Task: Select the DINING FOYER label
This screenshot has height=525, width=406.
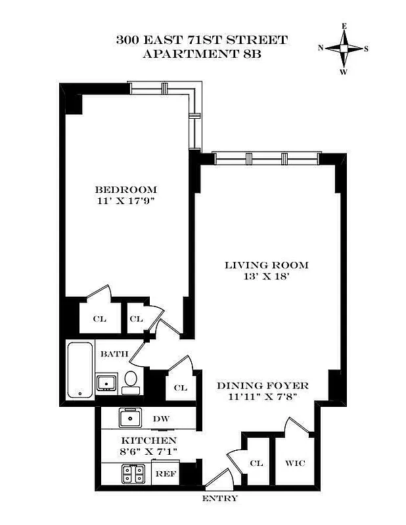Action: pyautogui.click(x=263, y=385)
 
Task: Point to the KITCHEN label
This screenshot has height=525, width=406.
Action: pyautogui.click(x=148, y=440)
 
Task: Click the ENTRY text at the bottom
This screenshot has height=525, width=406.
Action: pyautogui.click(x=219, y=499)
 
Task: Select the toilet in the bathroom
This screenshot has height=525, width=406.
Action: pyautogui.click(x=131, y=381)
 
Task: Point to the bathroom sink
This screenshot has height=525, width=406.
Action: pyautogui.click(x=105, y=382)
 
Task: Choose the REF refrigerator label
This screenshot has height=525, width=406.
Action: pyautogui.click(x=165, y=472)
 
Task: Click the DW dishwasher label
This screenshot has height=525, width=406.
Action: pyautogui.click(x=161, y=418)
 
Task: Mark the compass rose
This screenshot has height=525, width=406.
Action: pyautogui.click(x=344, y=48)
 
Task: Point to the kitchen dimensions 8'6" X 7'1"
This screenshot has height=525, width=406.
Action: pyautogui.click(x=148, y=452)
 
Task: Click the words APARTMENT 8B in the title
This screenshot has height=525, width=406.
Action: pyautogui.click(x=202, y=54)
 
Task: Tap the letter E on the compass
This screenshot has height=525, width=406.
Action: pyautogui.click(x=344, y=26)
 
